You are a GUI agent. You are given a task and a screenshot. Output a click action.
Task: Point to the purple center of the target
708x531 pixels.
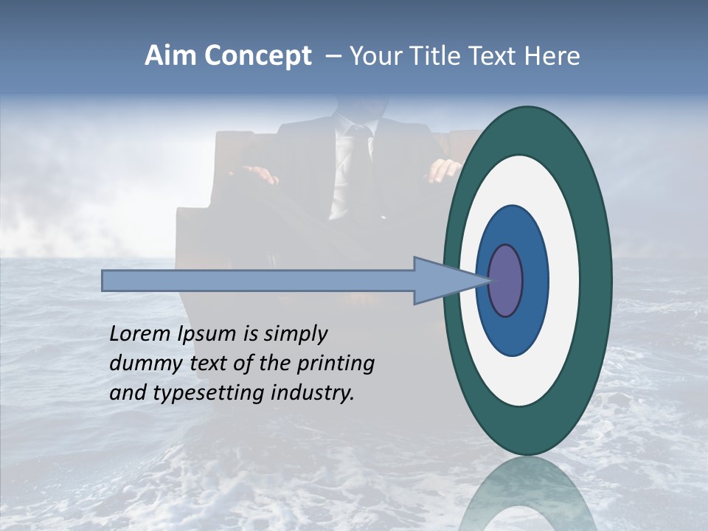(x=505, y=280)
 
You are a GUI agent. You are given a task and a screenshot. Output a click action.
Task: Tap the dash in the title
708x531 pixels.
(x=333, y=56)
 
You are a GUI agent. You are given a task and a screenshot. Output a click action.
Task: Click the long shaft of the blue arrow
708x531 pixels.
(x=258, y=280)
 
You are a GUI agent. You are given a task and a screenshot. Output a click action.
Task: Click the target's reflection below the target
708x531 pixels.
(x=527, y=494)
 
